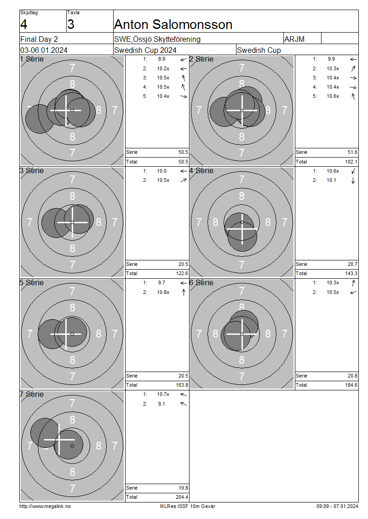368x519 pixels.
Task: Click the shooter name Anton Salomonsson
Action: coord(173,24)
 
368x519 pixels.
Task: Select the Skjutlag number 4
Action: coord(24,24)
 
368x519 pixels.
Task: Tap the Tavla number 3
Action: coord(71,24)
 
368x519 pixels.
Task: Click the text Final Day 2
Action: coord(39,39)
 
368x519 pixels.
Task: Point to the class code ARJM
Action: coord(294,39)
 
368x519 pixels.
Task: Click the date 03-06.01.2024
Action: coord(44,51)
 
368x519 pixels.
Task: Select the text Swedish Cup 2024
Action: coord(145,51)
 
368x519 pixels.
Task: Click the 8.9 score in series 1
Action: coord(161,59)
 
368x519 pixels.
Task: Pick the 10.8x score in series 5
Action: coord(163,292)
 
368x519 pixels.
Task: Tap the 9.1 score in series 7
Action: coord(161,404)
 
